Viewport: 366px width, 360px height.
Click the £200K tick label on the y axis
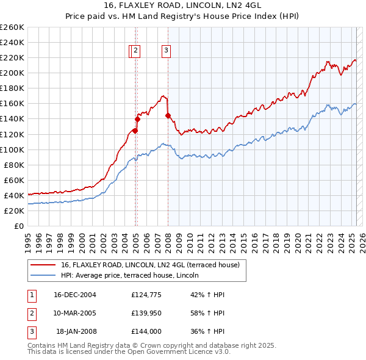tap(12, 73)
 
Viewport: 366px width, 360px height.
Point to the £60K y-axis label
tap(14, 180)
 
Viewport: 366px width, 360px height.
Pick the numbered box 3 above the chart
tap(166, 52)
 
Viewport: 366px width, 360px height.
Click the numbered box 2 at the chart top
tap(135, 52)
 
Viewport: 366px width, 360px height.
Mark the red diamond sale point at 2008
tap(168, 115)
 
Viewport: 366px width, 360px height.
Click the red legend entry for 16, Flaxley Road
tap(152, 265)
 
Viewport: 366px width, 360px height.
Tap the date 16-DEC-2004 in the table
tap(75, 295)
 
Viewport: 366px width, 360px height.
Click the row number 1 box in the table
tap(31, 295)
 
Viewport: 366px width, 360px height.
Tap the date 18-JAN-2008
tap(75, 331)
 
